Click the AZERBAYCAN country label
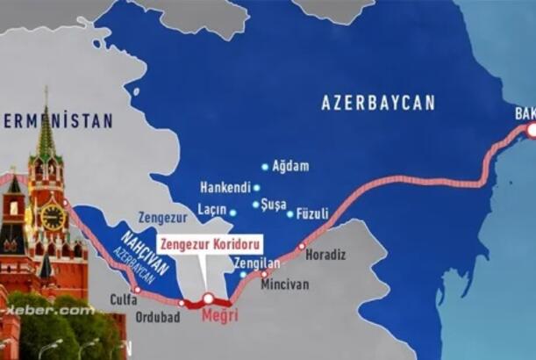pyautogui.click(x=377, y=103)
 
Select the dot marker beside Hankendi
pyautogui.click(x=256, y=187)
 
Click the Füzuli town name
pyautogui.click(x=313, y=212)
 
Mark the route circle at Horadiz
pyautogui.click(x=302, y=247)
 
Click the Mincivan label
pyautogui.click(x=290, y=285)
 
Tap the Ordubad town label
pyautogui.click(x=159, y=316)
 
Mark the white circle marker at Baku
pyautogui.click(x=530, y=130)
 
